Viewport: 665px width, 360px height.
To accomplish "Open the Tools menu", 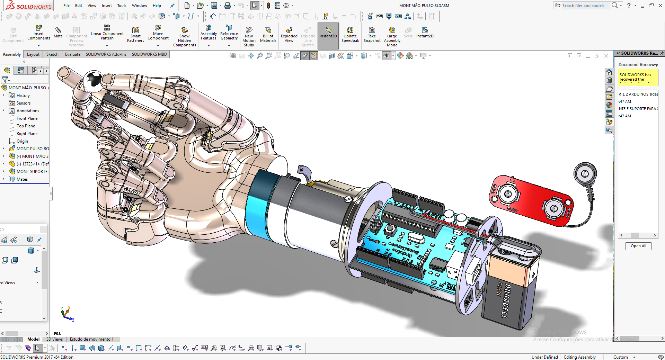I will coord(122,6).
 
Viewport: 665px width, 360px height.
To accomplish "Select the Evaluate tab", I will coord(72,54).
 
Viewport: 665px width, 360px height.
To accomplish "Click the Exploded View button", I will coord(289,34).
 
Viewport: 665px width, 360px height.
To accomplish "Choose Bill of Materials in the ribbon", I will coord(268,34).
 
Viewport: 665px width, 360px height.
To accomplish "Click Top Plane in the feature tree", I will coord(26,126).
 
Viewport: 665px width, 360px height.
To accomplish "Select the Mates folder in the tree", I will coord(22,179).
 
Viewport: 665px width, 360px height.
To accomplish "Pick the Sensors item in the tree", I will coord(23,103).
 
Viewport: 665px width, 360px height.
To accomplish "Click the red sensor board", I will coord(530,201).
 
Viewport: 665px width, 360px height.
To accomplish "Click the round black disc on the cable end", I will coord(585,173).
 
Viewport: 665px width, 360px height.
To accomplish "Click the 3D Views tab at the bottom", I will coord(54,339).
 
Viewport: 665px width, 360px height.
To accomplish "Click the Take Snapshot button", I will coord(372,34).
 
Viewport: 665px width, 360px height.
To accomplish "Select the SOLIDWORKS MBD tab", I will coord(149,54).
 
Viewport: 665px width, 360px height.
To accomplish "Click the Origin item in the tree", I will coord(22,141).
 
